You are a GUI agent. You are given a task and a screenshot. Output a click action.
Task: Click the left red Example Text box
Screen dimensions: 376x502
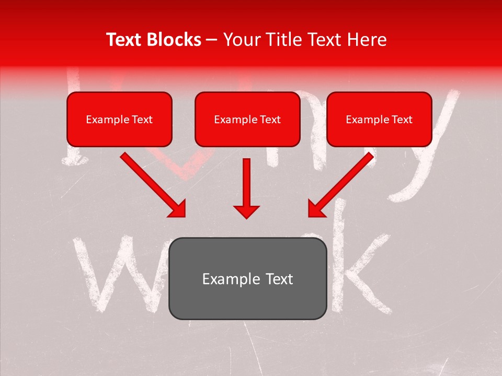[x=119, y=119]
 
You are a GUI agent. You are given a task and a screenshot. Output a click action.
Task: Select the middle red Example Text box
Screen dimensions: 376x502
[x=247, y=119]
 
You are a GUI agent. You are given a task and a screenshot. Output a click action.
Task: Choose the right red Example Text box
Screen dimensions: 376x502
[x=379, y=119]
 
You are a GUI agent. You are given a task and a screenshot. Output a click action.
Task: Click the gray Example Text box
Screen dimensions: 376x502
[x=248, y=278]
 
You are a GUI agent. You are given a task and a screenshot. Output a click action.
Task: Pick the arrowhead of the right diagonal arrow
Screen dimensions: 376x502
[x=317, y=208]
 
